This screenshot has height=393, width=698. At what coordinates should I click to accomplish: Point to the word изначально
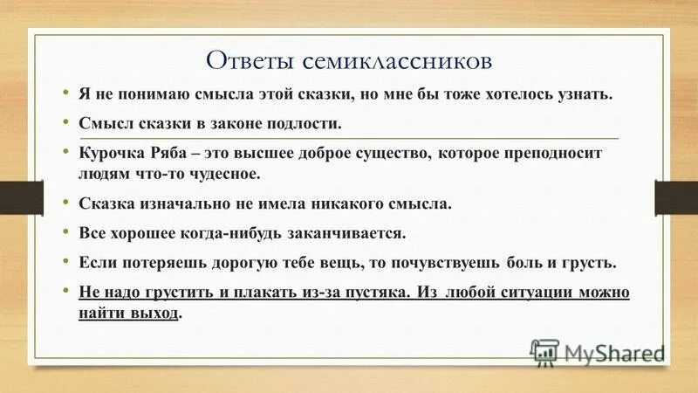coord(187,205)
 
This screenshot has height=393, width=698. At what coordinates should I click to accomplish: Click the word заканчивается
coord(352,233)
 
